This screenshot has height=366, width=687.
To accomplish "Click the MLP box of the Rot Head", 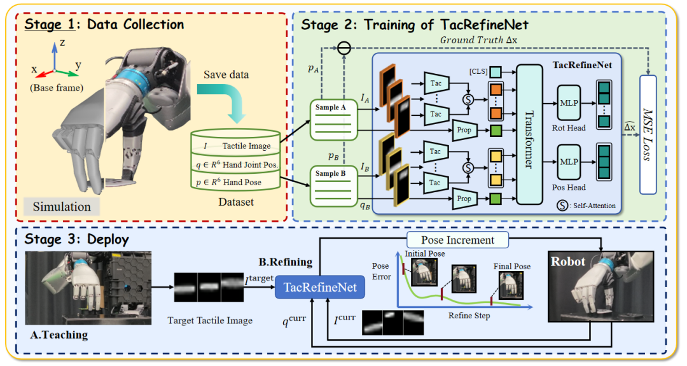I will coord(569,102).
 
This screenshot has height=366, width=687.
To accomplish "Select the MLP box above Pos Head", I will coord(569,162).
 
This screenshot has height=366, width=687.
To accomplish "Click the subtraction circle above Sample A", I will coord(344,48).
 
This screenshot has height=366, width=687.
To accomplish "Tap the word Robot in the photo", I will coord(568,262).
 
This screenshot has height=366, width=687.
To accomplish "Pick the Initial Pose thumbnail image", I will coord(424,272).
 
